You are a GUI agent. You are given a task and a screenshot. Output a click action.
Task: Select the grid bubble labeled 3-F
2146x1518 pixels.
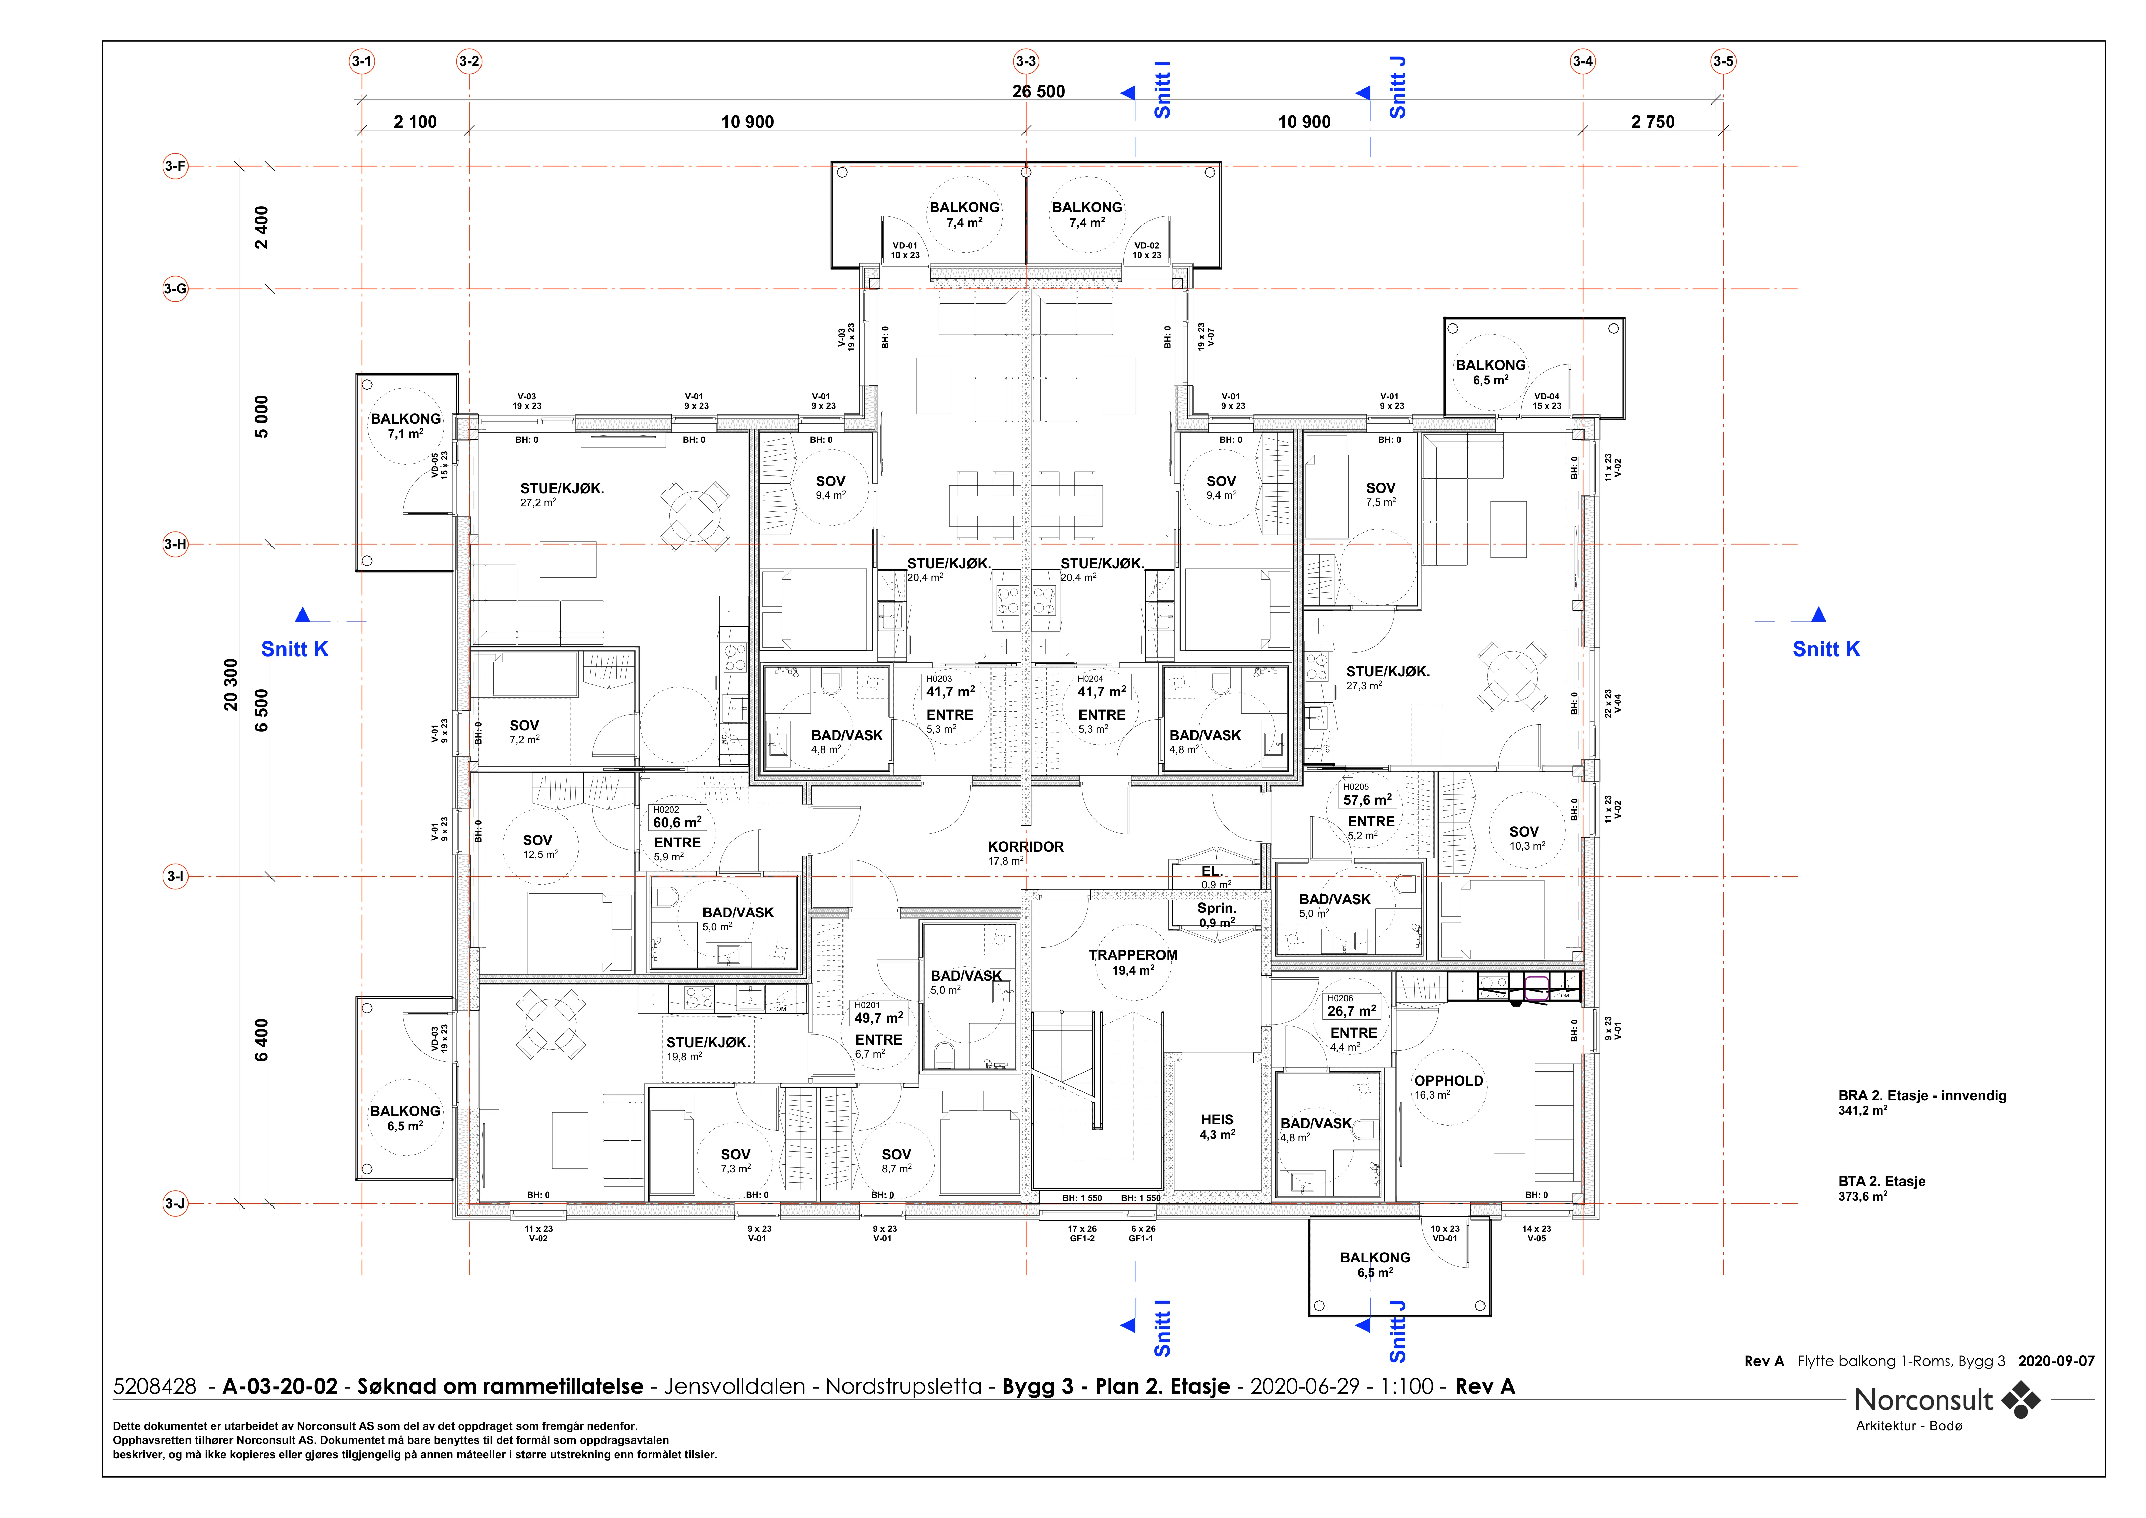(175, 166)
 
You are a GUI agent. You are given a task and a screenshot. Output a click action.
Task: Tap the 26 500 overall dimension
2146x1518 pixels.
(1039, 92)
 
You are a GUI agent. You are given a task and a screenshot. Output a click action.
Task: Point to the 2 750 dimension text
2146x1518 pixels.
(1653, 122)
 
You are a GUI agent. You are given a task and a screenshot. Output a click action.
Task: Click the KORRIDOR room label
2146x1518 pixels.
(1025, 847)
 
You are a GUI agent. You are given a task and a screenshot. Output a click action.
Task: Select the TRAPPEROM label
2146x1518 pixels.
(1133, 955)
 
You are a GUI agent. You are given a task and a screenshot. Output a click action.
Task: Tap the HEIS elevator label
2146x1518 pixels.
(1217, 1120)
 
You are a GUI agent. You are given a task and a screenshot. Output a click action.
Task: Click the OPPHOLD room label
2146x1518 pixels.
(1449, 1080)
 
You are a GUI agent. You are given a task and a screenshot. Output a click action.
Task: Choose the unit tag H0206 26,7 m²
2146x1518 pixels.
(1352, 1006)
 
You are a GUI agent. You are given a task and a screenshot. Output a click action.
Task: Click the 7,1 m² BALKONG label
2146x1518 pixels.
(406, 426)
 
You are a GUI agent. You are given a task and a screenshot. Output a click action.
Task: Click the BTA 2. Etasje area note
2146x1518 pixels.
(1881, 1188)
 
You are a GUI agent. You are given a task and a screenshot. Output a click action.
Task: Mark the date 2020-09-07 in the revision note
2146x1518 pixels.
(2056, 1361)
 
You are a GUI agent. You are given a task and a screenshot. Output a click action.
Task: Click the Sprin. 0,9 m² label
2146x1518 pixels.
(1217, 915)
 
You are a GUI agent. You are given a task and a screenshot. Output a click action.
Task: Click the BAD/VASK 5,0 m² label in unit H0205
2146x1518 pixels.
(1335, 906)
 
